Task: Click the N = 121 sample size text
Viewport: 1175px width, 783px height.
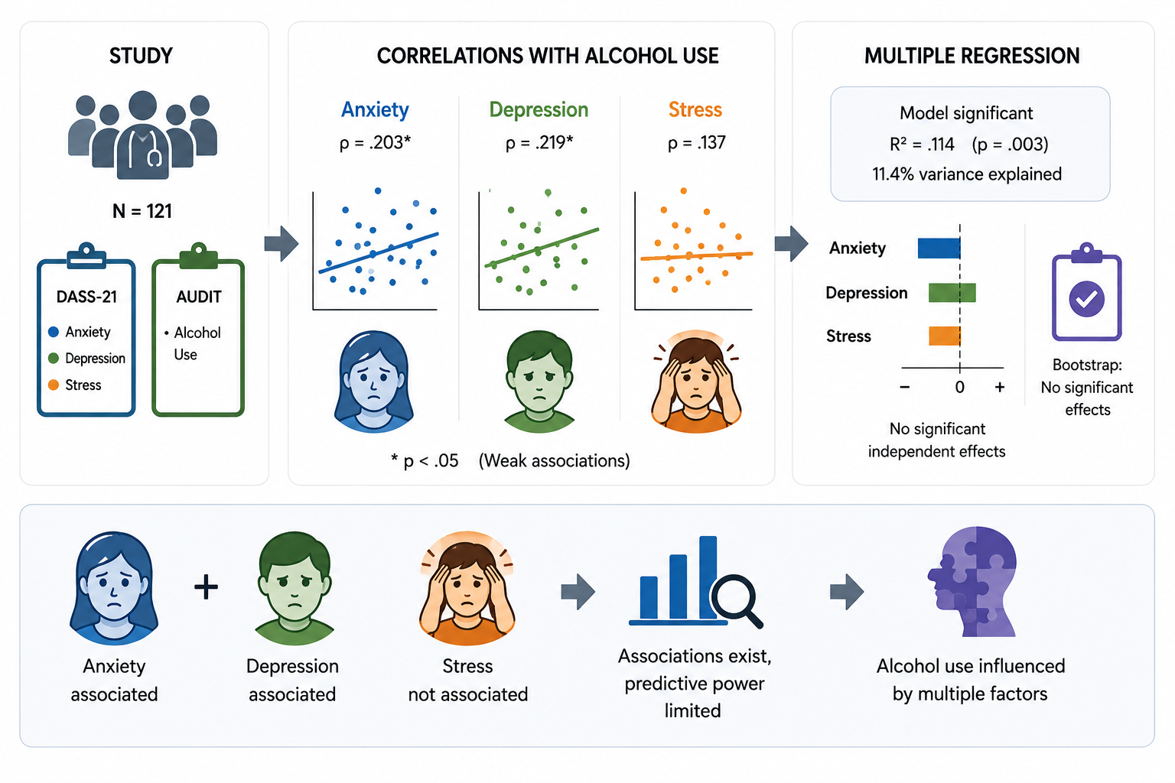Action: pyautogui.click(x=142, y=211)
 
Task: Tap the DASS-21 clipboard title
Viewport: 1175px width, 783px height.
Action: pyautogui.click(x=86, y=297)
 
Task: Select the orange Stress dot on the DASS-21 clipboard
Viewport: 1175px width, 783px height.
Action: pyautogui.click(x=53, y=385)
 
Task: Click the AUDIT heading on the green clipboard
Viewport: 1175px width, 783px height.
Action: pyautogui.click(x=199, y=297)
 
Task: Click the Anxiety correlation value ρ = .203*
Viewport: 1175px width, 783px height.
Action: pyautogui.click(x=375, y=143)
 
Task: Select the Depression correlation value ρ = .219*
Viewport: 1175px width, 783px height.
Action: pyautogui.click(x=539, y=143)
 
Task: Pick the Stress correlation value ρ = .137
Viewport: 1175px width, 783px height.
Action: pyautogui.click(x=697, y=143)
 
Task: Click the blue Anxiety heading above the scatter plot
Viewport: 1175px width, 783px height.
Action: pyautogui.click(x=375, y=109)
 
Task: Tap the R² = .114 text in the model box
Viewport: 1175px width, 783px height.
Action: pyautogui.click(x=922, y=145)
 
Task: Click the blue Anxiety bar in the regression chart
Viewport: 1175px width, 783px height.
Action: pyautogui.click(x=939, y=248)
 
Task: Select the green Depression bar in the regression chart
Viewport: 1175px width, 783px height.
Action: pyautogui.click(x=952, y=293)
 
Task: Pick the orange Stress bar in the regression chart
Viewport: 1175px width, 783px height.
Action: pyautogui.click(x=945, y=336)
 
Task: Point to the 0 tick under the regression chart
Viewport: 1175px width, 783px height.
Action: pyautogui.click(x=959, y=388)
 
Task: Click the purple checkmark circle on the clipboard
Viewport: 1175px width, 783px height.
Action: pyautogui.click(x=1087, y=299)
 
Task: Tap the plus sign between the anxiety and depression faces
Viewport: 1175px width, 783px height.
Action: pyautogui.click(x=206, y=586)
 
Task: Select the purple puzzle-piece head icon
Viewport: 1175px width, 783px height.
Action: pyautogui.click(x=972, y=581)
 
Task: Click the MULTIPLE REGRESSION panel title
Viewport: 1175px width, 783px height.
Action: pyautogui.click(x=972, y=56)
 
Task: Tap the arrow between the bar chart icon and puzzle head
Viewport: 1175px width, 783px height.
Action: pyautogui.click(x=847, y=592)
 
